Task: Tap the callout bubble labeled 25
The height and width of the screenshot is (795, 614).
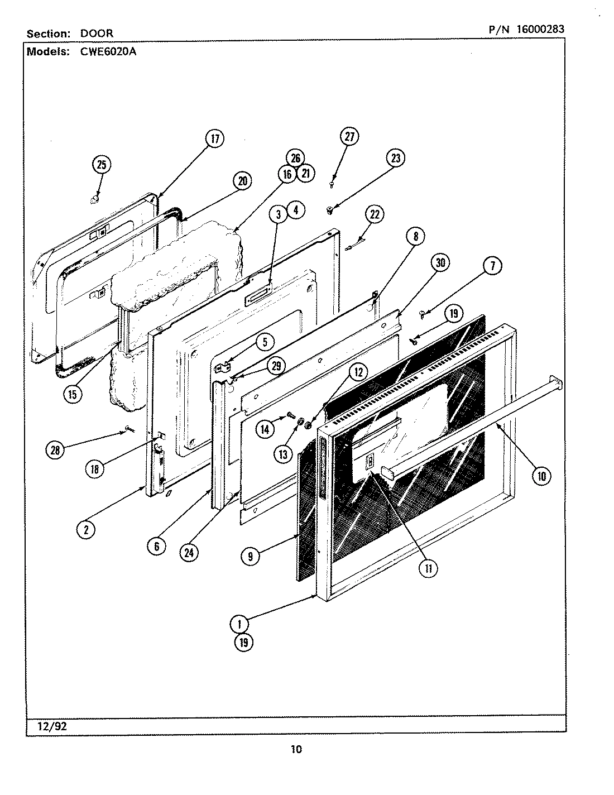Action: click(x=101, y=164)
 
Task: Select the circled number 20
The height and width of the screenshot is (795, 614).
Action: click(x=242, y=181)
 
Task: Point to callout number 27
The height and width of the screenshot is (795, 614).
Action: click(x=349, y=137)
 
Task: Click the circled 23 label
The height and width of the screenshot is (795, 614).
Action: click(x=395, y=158)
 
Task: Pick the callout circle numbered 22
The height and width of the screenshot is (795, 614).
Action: click(x=375, y=214)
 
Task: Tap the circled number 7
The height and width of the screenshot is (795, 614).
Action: click(x=492, y=267)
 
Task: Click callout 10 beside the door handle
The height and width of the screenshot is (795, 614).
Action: click(x=541, y=476)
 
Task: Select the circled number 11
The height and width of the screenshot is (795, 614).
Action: click(x=429, y=568)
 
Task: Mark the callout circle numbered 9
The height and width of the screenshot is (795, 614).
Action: click(x=252, y=555)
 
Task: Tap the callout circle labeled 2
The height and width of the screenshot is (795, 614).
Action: click(x=86, y=529)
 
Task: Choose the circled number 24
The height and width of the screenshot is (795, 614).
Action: click(x=190, y=552)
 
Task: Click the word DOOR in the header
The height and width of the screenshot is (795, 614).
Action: click(x=97, y=33)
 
